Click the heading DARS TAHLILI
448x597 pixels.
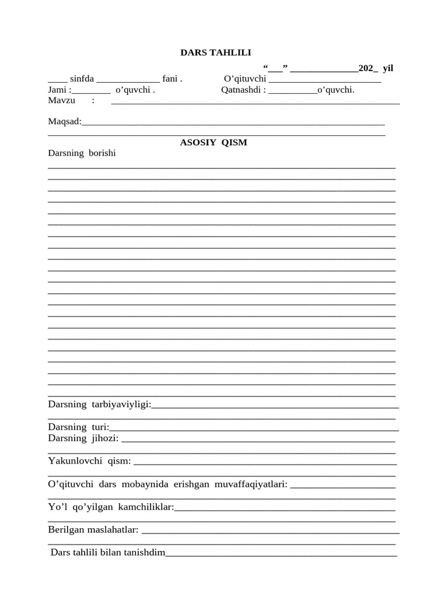[215, 52]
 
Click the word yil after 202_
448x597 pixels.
[388, 68]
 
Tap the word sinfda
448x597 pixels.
[82, 79]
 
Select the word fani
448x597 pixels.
[170, 79]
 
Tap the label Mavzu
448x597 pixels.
[61, 100]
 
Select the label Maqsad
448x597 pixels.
[64, 121]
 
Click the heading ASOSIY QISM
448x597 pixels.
[213, 142]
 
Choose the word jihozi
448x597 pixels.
[104, 438]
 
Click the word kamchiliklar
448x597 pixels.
[146, 507]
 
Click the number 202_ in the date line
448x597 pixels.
[368, 68]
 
